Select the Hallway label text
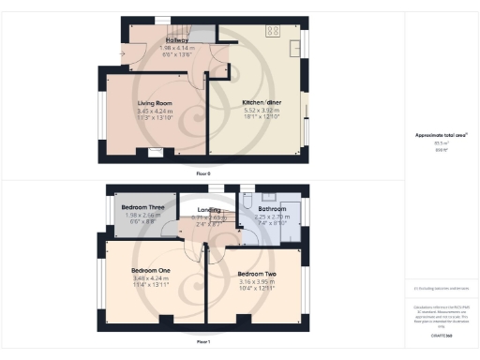177,40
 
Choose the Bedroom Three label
144,206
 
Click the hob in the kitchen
274,31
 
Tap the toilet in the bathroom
245,201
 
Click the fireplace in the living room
150,151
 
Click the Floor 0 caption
204,173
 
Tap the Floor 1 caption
203,343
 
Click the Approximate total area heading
442,135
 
